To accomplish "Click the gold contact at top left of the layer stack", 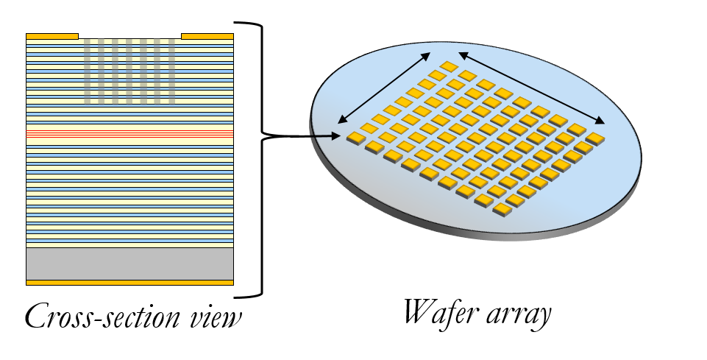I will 51,36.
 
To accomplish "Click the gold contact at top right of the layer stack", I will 207,36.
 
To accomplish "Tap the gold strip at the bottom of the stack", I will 129,282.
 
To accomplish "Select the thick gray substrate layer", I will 129,264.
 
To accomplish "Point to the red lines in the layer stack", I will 129,135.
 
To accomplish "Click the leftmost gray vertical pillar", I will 87,71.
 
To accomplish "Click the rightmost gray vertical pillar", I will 172,71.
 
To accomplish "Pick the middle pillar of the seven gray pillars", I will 129,71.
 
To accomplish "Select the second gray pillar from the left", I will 102,71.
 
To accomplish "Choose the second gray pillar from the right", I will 157,71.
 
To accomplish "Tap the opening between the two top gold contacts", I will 129,36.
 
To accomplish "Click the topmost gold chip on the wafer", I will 449,67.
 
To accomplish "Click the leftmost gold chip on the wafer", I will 356,138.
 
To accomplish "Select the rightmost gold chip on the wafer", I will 594,138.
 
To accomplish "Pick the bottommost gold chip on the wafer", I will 502,210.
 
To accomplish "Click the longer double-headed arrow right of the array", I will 531,88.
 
